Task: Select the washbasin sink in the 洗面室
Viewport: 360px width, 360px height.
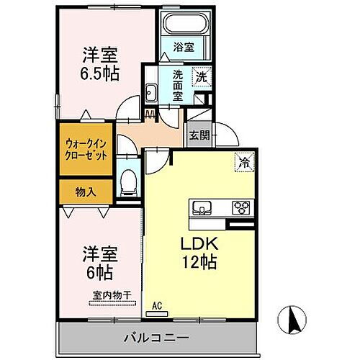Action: pos(153,91)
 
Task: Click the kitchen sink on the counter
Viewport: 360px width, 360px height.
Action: pos(202,208)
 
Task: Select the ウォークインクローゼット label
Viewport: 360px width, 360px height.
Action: pos(86,149)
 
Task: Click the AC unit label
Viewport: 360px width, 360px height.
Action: pos(156,305)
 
